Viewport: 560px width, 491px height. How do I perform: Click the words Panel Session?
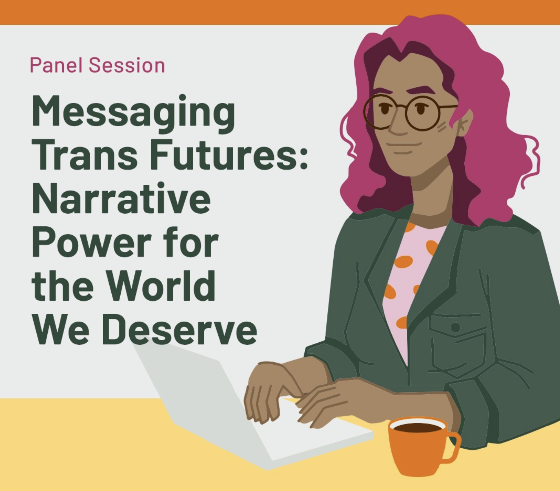coord(97,65)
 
